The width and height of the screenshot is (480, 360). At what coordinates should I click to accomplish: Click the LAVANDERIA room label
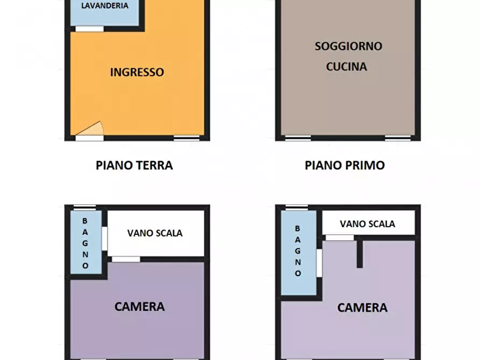[x=105, y=6]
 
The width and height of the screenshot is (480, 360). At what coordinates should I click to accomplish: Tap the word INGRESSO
[x=137, y=72]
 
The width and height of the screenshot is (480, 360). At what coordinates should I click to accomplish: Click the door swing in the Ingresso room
[x=92, y=129]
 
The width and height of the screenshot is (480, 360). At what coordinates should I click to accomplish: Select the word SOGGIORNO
[x=348, y=46]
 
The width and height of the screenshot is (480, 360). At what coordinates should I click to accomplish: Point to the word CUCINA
[x=347, y=67]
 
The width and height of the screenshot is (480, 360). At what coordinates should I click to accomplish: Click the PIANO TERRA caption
[x=134, y=165]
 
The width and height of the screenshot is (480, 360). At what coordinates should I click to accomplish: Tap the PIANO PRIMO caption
[x=345, y=165]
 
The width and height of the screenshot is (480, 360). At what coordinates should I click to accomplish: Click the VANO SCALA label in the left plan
[x=155, y=233]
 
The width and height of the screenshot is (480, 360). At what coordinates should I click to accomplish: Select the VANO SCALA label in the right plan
[x=368, y=224]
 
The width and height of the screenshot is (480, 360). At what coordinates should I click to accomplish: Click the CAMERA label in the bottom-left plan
[x=139, y=307]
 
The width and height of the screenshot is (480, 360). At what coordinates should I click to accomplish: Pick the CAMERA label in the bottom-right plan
[x=362, y=308]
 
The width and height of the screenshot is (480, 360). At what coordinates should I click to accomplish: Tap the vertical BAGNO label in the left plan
[x=85, y=243]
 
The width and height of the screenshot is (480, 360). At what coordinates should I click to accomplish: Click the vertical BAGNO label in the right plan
[x=298, y=250]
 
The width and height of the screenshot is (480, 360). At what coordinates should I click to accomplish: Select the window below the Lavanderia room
[x=89, y=29]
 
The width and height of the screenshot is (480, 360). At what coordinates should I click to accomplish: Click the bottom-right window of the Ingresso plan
[x=186, y=139]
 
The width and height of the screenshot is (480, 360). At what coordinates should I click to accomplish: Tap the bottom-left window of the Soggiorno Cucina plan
[x=298, y=139]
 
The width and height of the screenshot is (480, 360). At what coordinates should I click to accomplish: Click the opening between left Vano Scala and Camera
[x=126, y=260]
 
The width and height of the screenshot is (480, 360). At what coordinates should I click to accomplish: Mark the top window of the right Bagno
[x=297, y=207]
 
